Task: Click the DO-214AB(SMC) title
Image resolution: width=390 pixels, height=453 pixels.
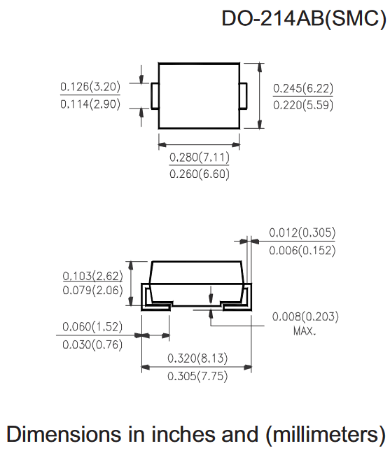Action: tap(304, 19)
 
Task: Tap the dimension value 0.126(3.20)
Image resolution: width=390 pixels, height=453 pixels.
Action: tap(90, 87)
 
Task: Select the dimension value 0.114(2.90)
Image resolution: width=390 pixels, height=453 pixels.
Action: tap(90, 104)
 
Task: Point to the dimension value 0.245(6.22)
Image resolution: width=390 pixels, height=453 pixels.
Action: tap(303, 88)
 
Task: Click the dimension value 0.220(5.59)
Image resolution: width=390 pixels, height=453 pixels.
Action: tap(303, 105)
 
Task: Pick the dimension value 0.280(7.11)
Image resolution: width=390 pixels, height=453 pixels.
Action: tap(200, 158)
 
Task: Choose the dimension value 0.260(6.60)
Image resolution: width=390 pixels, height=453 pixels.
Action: tap(200, 174)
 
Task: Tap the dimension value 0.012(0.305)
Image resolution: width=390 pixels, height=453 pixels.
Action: tap(302, 232)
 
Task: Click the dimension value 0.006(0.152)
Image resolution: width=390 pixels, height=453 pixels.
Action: tap(302, 250)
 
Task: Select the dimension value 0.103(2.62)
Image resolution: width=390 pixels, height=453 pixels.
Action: tap(92, 276)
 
